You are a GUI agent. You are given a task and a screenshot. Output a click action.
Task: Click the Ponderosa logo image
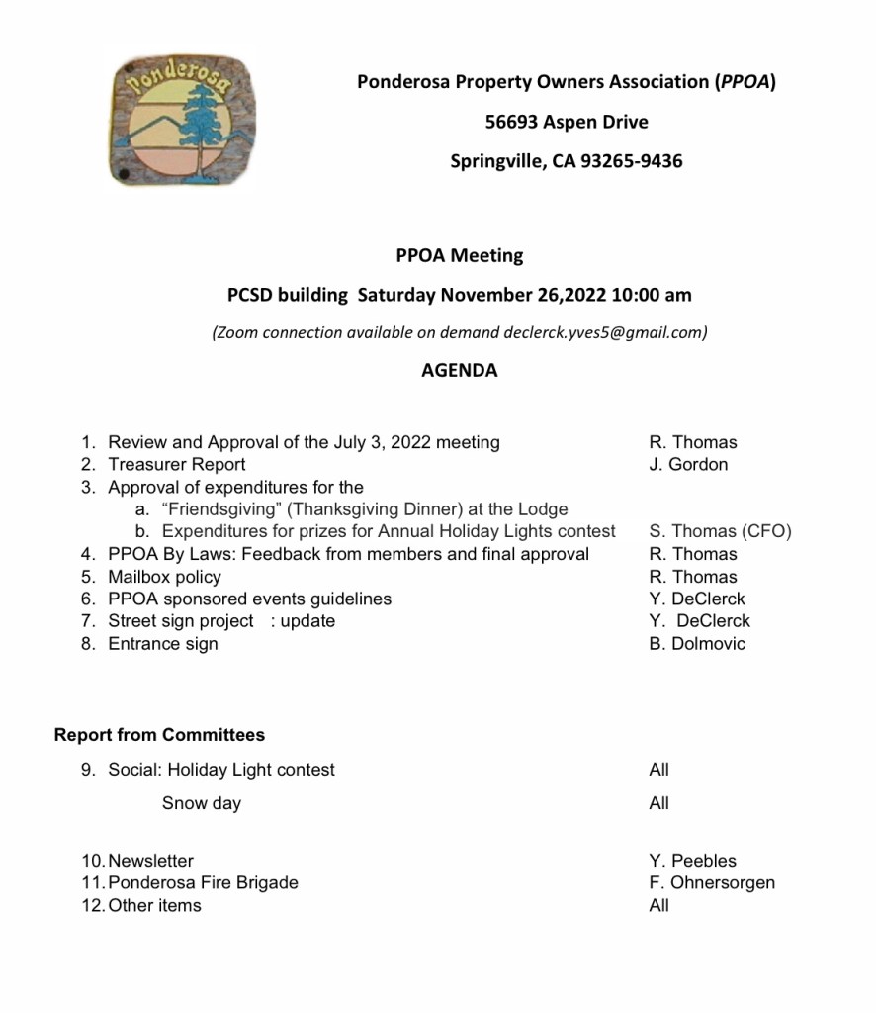coord(181,120)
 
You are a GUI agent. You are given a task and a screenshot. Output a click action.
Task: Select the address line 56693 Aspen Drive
coord(567,122)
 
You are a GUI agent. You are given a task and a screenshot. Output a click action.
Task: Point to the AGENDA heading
coord(459,371)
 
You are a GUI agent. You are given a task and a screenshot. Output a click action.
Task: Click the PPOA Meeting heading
coord(459,255)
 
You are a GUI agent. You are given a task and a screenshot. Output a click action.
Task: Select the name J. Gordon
coord(688,464)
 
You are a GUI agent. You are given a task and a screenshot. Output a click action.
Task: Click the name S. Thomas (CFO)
coord(720,531)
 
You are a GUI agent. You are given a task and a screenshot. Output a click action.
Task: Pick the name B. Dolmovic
coord(697,643)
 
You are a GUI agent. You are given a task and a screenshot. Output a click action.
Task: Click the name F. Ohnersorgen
coord(712,882)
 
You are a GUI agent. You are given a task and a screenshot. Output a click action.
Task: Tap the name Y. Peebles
coord(692,861)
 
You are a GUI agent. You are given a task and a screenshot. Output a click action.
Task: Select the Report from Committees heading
coord(159,735)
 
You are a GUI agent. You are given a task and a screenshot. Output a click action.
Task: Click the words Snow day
coord(202,803)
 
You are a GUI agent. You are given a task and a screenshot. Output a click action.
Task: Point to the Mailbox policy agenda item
coord(164,577)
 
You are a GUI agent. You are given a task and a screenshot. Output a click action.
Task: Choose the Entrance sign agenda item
coord(163,643)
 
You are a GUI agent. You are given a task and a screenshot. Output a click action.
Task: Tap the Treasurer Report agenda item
coord(177,464)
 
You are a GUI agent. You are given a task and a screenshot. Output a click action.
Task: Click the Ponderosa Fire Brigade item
coord(203,882)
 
